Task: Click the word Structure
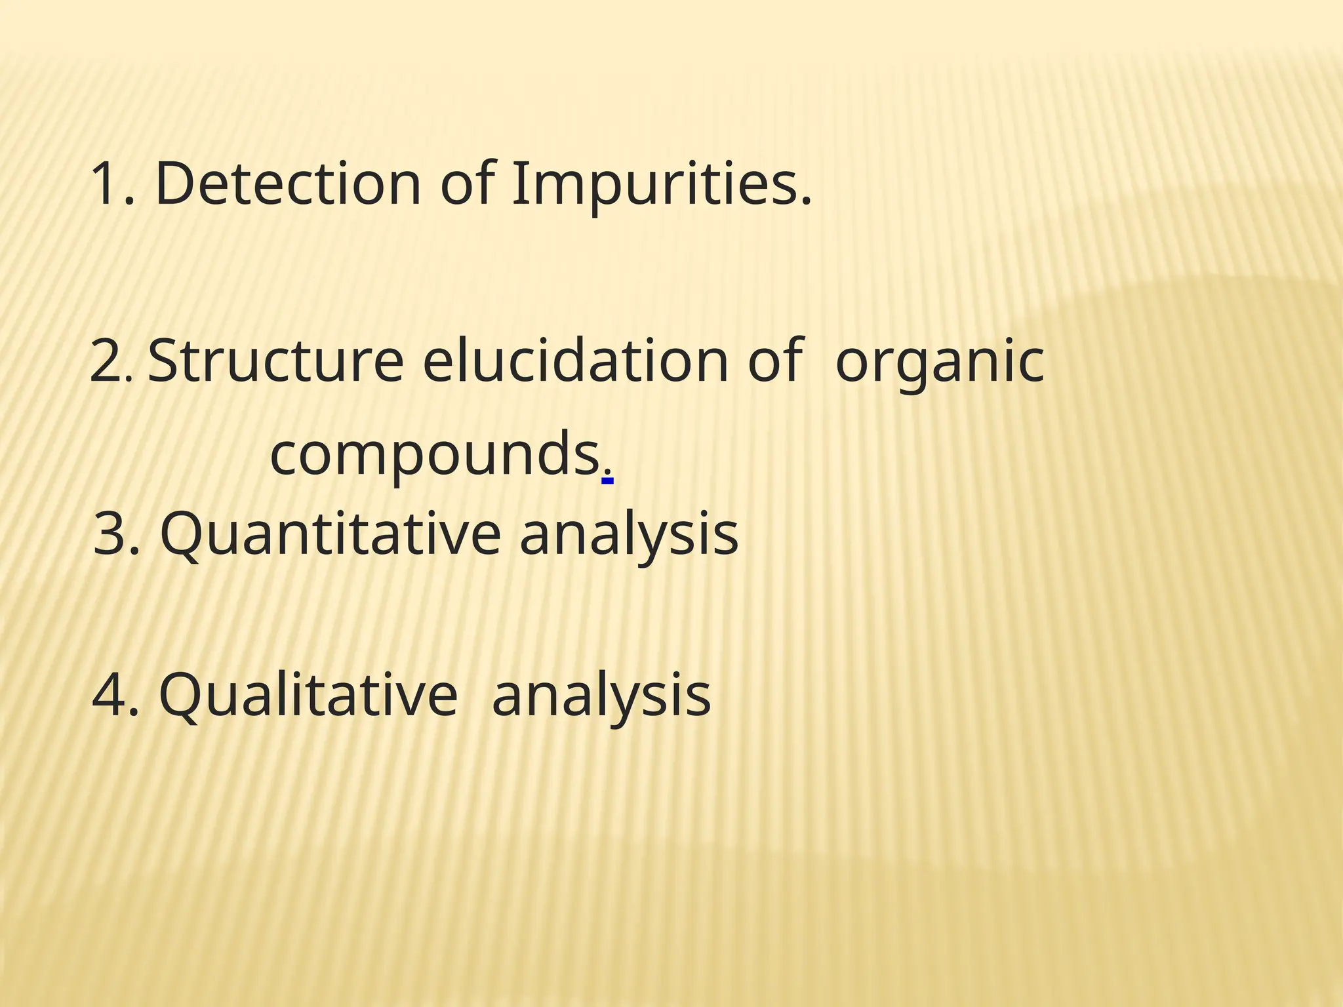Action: coord(275,361)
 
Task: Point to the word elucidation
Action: coord(576,361)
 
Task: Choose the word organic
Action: coord(939,361)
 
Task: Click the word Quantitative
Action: coord(331,534)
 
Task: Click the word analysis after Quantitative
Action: coord(628,534)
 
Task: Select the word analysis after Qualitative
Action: coord(601,695)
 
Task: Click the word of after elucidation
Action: coord(774,361)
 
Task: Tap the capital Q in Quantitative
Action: coord(180,534)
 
